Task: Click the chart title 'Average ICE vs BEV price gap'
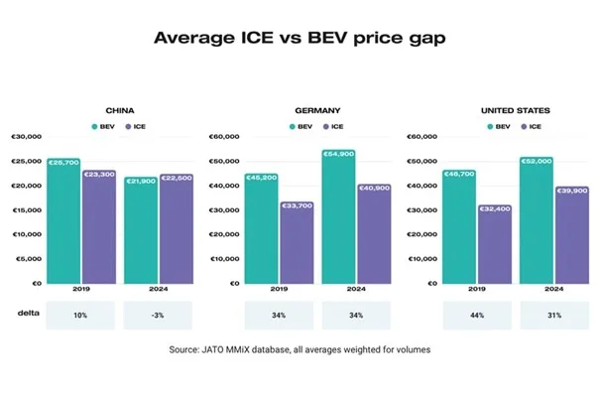click(300, 40)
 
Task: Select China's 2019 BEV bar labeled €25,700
click(63, 220)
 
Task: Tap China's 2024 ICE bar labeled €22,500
click(177, 228)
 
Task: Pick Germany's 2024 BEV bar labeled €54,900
click(339, 216)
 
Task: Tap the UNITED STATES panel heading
click(516, 111)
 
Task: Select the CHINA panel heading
click(120, 111)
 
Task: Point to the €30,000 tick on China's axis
click(25, 136)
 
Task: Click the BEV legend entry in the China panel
click(102, 127)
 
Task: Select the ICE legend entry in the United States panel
click(531, 127)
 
